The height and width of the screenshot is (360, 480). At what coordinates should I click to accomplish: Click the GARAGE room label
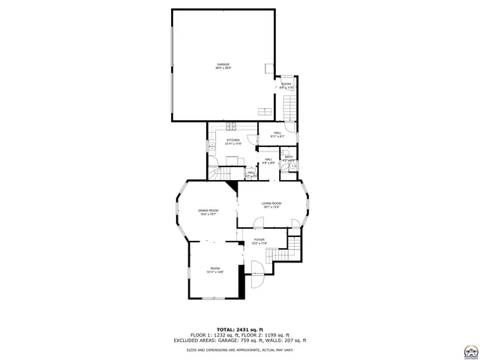tap(223, 66)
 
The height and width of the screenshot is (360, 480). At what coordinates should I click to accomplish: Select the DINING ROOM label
tap(208, 211)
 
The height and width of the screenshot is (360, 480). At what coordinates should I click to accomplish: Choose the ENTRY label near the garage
tap(286, 85)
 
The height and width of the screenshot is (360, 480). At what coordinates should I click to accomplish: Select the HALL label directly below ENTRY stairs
tap(277, 134)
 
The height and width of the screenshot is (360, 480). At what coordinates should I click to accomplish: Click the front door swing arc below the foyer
tap(255, 266)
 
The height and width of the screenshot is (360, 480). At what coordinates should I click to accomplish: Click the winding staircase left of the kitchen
tap(218, 172)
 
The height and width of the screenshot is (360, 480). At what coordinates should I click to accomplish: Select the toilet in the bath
tap(294, 166)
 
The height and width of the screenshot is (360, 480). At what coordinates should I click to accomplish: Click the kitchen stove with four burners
tap(232, 124)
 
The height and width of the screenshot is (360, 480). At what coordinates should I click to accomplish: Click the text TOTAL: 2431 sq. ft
tap(240, 329)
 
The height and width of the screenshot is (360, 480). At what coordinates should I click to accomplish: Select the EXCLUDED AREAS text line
tap(240, 340)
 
